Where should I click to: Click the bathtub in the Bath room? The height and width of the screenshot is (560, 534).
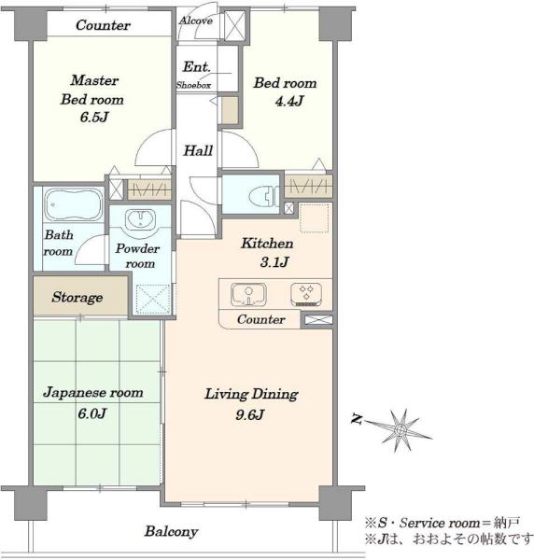point(74,205)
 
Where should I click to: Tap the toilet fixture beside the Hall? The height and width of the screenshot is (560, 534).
point(263,196)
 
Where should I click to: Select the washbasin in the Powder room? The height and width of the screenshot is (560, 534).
point(140,219)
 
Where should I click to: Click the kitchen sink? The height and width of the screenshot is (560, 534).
point(248,295)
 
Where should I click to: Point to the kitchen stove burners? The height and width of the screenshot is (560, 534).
point(306,294)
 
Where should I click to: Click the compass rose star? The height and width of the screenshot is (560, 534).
point(400,430)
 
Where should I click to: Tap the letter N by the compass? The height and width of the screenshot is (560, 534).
point(357,418)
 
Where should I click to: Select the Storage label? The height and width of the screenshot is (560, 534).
point(77,297)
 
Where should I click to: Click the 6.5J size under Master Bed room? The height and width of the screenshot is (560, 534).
point(94,118)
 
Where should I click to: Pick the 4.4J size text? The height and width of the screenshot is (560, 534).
point(289,102)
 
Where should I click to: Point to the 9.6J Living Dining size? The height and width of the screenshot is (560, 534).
point(249,415)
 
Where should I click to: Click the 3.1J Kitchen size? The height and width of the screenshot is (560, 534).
point(274,262)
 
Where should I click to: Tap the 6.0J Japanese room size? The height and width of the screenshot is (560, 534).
point(91,413)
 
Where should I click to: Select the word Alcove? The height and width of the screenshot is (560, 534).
point(195,21)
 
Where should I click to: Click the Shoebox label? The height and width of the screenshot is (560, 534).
point(193,85)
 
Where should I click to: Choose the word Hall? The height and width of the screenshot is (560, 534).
point(198,150)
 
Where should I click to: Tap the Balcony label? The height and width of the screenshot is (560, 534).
point(171,532)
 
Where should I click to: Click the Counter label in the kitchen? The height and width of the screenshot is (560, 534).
point(260,319)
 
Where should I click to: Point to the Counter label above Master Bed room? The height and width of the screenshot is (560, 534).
point(103,25)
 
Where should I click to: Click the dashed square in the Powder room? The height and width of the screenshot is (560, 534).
point(153,299)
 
